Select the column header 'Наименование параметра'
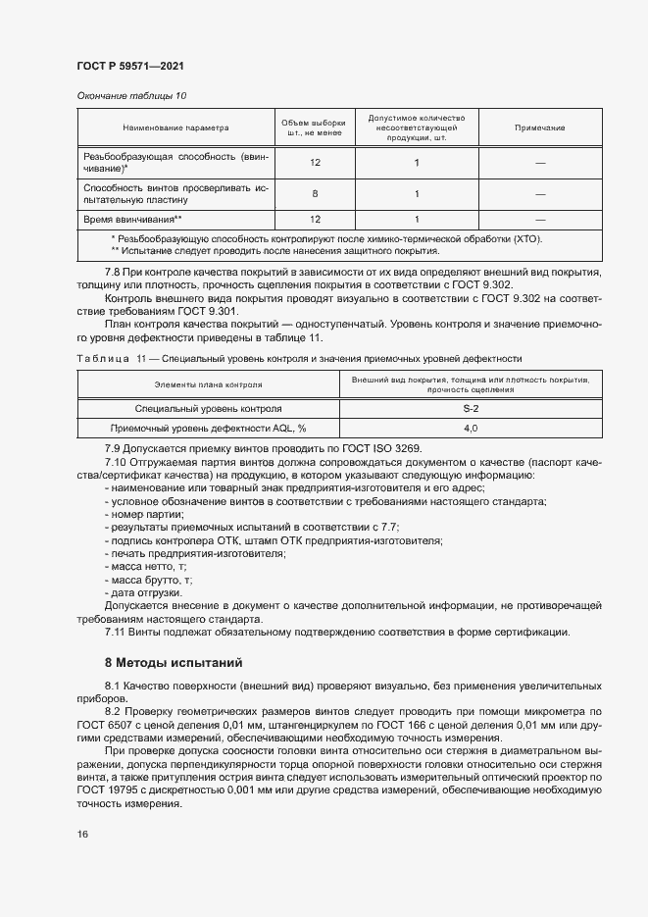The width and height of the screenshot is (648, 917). (x=175, y=128)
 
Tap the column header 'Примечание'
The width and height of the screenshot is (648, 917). (x=539, y=128)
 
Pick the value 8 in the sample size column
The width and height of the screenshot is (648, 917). (x=315, y=193)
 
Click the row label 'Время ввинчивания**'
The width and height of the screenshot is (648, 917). (x=133, y=219)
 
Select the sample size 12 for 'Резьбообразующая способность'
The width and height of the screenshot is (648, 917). (x=315, y=163)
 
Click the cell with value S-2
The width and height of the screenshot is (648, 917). (x=471, y=408)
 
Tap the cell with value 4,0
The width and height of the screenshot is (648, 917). (x=471, y=428)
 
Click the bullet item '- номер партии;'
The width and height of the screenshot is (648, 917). (x=144, y=514)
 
